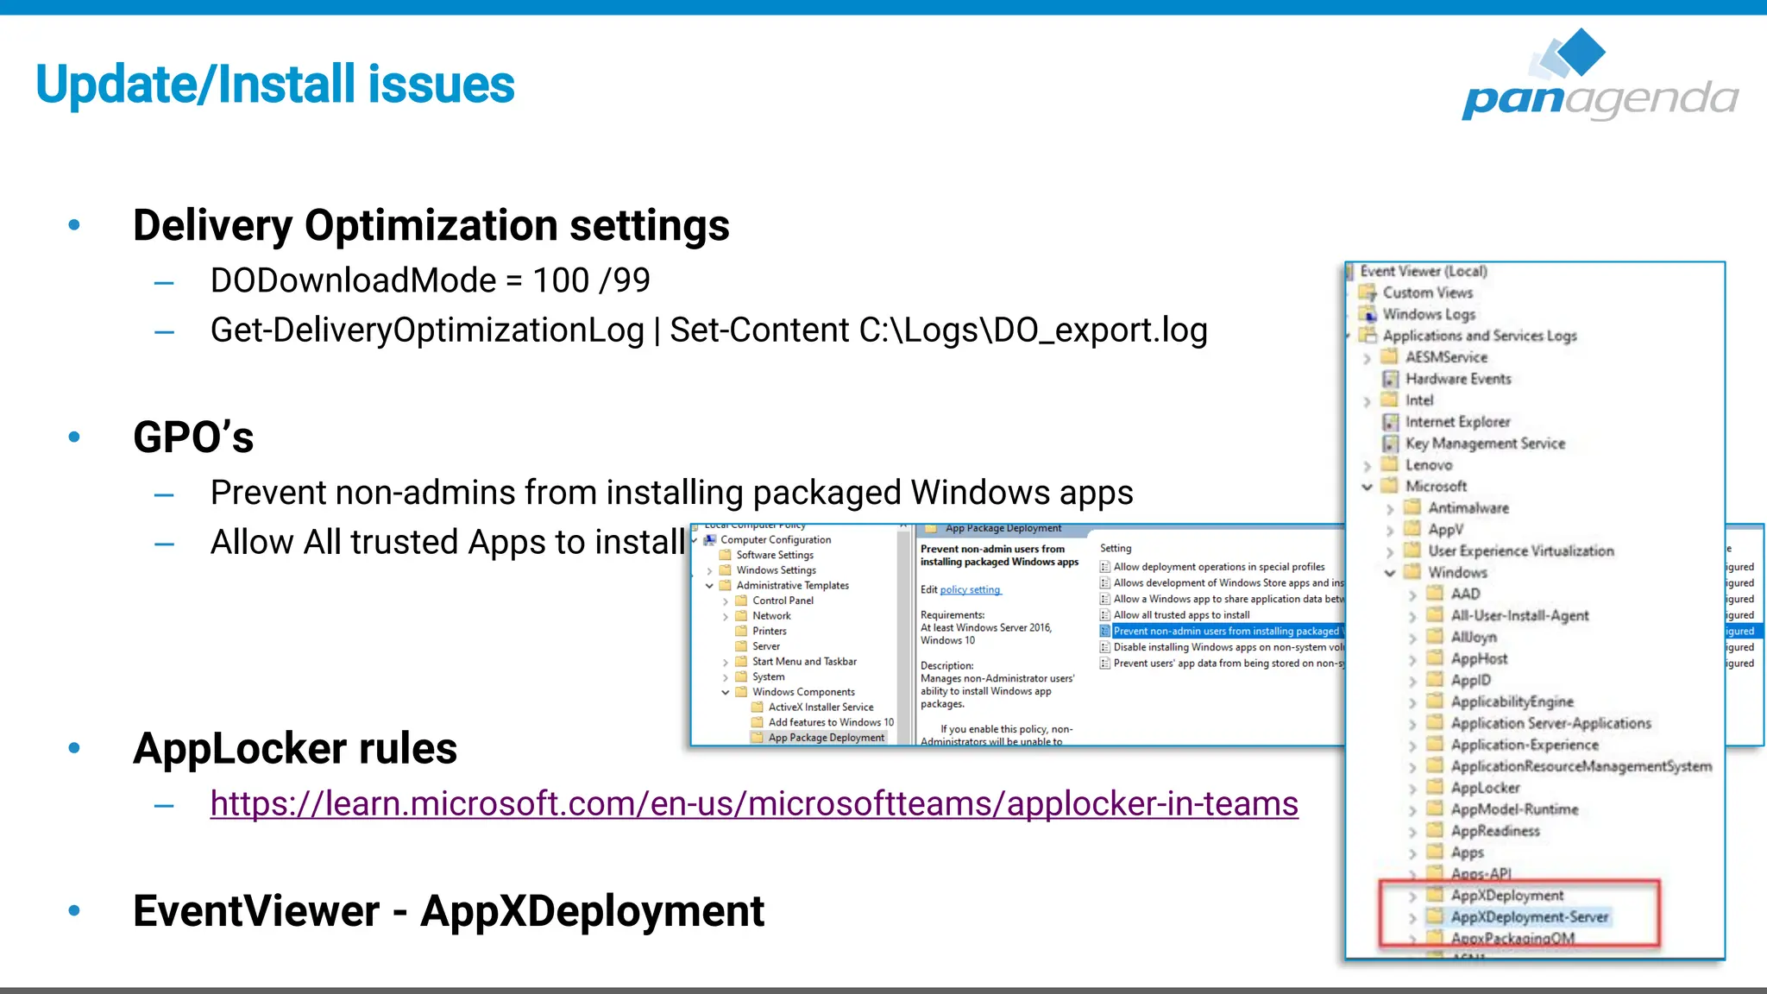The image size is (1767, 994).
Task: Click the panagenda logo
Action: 1600,76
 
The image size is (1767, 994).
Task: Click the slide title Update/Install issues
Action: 275,85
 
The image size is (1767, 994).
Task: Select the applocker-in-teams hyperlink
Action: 753,804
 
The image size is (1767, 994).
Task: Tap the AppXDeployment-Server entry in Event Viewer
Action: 1528,917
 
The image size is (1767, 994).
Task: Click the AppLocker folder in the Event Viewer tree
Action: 1484,788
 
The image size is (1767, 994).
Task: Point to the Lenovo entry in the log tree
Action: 1428,465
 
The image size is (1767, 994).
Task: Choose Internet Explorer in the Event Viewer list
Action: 1456,422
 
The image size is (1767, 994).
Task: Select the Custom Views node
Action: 1427,293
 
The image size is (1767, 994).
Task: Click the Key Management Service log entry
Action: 1484,444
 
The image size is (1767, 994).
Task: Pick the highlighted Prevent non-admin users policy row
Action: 1225,632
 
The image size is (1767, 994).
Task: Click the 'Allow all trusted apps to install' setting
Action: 1180,615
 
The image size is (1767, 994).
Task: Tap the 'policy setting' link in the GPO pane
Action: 970,590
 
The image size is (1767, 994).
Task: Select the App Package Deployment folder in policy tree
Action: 826,738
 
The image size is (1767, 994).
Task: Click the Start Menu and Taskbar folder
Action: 803,662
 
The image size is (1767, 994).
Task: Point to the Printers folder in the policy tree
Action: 769,632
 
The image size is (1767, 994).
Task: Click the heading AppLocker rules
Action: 294,748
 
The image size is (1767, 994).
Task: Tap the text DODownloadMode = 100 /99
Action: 430,280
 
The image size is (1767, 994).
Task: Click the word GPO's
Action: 193,437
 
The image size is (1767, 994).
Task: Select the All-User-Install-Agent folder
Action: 1519,616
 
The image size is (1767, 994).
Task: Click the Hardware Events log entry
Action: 1457,379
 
